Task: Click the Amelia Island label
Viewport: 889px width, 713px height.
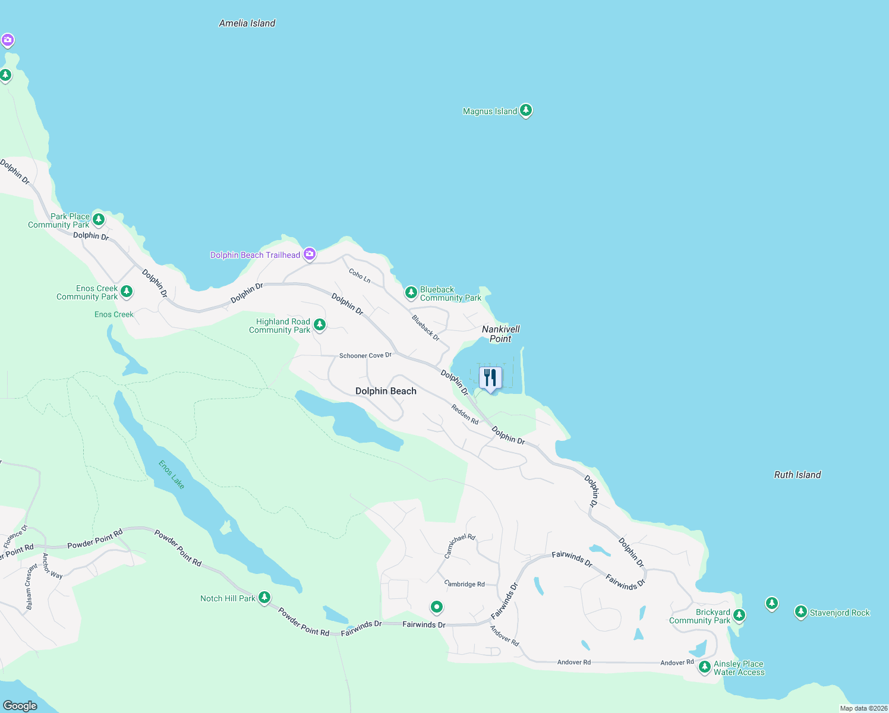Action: [247, 23]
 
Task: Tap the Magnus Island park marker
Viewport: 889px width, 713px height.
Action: [525, 111]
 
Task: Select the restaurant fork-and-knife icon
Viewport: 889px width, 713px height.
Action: [490, 377]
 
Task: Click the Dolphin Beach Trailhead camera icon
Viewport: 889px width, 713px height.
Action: [309, 254]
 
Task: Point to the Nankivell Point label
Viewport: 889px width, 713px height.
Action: [500, 334]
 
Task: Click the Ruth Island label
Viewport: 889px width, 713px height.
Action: [797, 475]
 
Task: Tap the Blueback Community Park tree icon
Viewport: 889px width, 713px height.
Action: [411, 292]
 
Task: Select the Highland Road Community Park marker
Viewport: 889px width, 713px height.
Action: [320, 324]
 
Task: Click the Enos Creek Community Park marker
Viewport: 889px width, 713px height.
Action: [126, 291]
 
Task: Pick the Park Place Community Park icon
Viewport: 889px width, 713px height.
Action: [99, 219]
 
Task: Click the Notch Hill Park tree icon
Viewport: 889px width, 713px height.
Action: [264, 597]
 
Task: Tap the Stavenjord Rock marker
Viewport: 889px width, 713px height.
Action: [801, 611]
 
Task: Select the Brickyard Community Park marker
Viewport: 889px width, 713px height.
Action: [739, 615]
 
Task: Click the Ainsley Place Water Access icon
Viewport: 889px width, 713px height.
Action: [704, 667]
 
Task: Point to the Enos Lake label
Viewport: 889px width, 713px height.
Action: [172, 475]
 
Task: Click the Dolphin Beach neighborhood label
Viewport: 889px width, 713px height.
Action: [386, 391]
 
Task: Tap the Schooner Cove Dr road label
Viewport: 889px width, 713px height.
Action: [365, 355]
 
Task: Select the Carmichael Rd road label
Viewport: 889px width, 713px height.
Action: [460, 546]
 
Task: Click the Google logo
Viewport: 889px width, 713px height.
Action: [20, 705]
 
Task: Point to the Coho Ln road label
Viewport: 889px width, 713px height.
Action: [360, 275]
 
